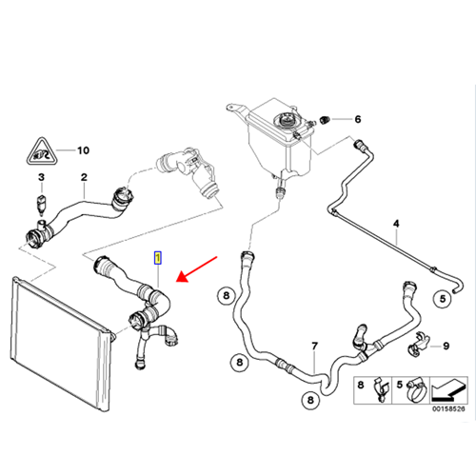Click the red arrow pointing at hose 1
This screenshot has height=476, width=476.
(197, 269)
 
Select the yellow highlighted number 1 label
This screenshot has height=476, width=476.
(158, 258)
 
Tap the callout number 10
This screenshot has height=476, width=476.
(84, 150)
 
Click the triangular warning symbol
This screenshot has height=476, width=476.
(42, 152)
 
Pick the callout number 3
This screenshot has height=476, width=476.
(41, 177)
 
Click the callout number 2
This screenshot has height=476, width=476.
(84, 177)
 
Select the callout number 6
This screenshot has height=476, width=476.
(358, 119)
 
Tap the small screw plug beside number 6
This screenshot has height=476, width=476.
(325, 120)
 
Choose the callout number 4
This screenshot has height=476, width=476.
(396, 224)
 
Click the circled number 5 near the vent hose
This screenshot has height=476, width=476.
(443, 299)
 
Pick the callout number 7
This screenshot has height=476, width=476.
(314, 346)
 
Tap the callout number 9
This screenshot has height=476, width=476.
(446, 346)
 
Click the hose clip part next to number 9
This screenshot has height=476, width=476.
(418, 344)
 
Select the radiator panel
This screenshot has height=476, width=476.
(63, 344)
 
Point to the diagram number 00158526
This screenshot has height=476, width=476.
(448, 408)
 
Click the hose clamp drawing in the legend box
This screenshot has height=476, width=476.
(416, 391)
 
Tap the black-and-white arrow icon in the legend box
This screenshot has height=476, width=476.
(448, 389)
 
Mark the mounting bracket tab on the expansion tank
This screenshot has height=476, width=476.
(235, 108)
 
